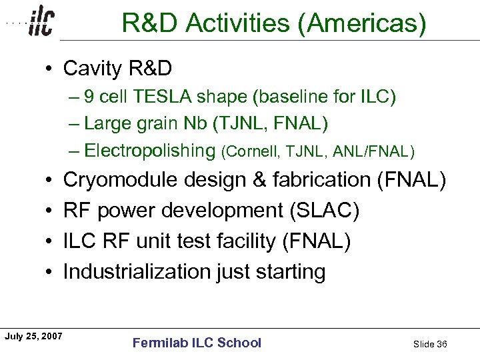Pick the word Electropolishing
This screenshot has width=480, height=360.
(150, 151)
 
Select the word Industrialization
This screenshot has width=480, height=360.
(136, 272)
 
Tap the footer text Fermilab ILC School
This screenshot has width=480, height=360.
(197, 343)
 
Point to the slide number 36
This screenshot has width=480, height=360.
(441, 344)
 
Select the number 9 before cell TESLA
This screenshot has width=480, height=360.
(90, 98)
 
